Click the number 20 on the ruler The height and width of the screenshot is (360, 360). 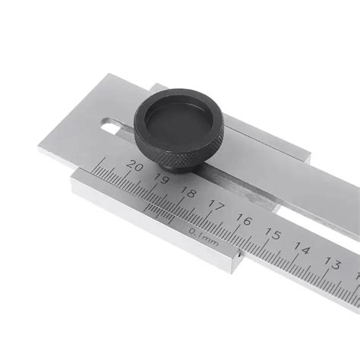point(135,166)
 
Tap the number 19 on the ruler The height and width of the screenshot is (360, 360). point(162,178)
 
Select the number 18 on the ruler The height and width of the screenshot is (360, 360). point(189,193)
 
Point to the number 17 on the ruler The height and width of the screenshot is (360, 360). point(216,206)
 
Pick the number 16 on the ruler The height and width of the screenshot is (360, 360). point(245,219)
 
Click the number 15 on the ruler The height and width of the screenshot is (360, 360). point(273,234)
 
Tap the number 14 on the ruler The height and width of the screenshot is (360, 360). point(302,248)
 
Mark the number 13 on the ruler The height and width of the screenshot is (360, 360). point(333,264)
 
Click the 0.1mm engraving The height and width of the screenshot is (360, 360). point(204,237)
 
